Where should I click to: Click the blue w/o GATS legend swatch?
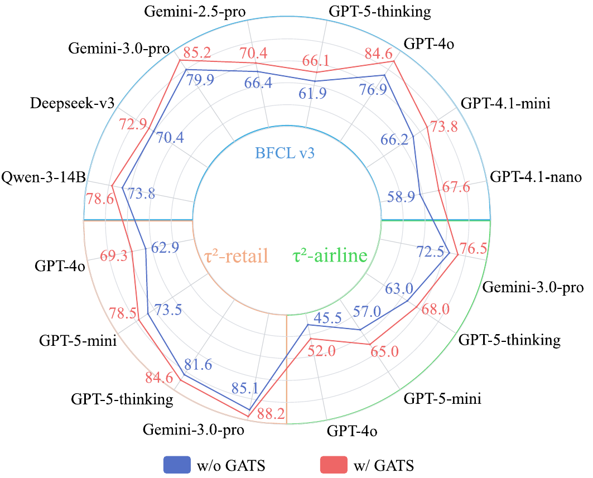[177, 464]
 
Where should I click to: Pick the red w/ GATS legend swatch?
[333, 464]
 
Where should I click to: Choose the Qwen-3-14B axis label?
[44, 178]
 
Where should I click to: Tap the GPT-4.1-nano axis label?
[536, 178]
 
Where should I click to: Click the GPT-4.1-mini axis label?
[506, 103]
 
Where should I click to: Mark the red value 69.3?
[114, 257]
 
